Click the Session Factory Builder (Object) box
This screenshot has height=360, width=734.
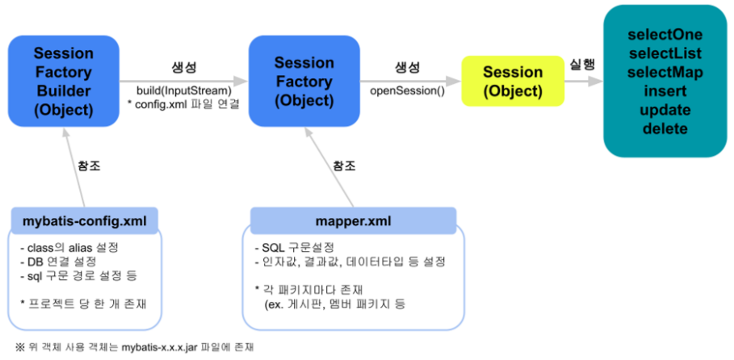point(63,81)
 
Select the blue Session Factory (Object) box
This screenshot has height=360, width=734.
point(303,81)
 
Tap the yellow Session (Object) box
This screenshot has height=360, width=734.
point(513,82)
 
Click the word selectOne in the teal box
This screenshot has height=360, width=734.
point(665,36)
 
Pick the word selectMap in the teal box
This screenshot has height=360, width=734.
point(665,73)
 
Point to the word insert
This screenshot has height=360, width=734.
point(665,91)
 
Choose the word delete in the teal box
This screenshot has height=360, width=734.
point(665,128)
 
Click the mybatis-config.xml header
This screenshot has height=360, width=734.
point(85,219)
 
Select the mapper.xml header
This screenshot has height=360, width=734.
point(353,219)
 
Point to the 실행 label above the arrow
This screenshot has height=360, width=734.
point(585,65)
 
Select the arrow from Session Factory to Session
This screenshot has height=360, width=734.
point(408,81)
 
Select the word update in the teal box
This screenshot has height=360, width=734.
point(665,110)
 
